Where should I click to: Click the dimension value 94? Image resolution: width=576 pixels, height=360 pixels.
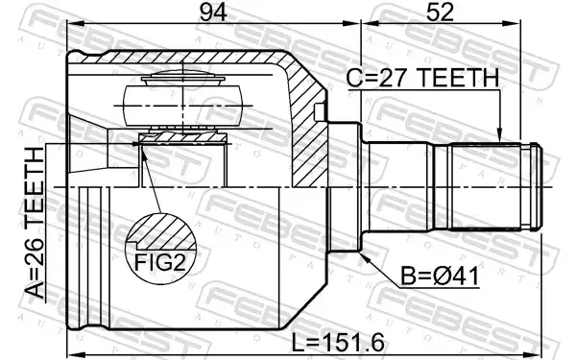213,12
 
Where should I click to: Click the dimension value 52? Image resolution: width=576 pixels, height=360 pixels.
440,12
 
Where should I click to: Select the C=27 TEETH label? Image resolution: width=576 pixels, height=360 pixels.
422,78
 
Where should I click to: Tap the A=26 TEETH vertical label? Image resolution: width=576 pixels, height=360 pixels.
35,223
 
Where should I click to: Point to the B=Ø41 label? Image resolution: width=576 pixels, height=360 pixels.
440,276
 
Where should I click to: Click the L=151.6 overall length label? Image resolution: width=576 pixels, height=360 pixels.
338,343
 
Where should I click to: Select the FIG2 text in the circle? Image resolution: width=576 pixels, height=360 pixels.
160,262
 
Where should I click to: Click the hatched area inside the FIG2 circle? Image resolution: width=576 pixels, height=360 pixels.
161,231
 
